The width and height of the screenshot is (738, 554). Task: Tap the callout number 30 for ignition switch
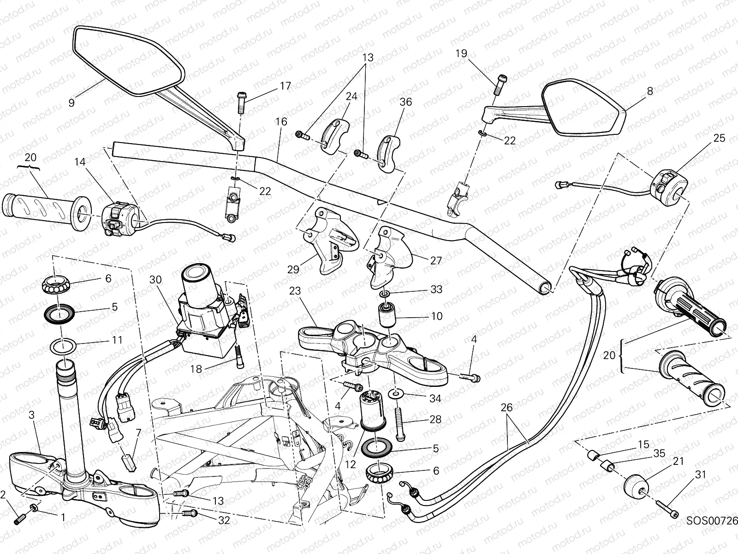coord(156,280)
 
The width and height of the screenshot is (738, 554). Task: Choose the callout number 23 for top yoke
coord(295,291)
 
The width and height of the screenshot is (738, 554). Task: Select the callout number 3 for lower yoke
coord(31,415)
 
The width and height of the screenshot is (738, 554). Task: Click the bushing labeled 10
coord(387,315)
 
